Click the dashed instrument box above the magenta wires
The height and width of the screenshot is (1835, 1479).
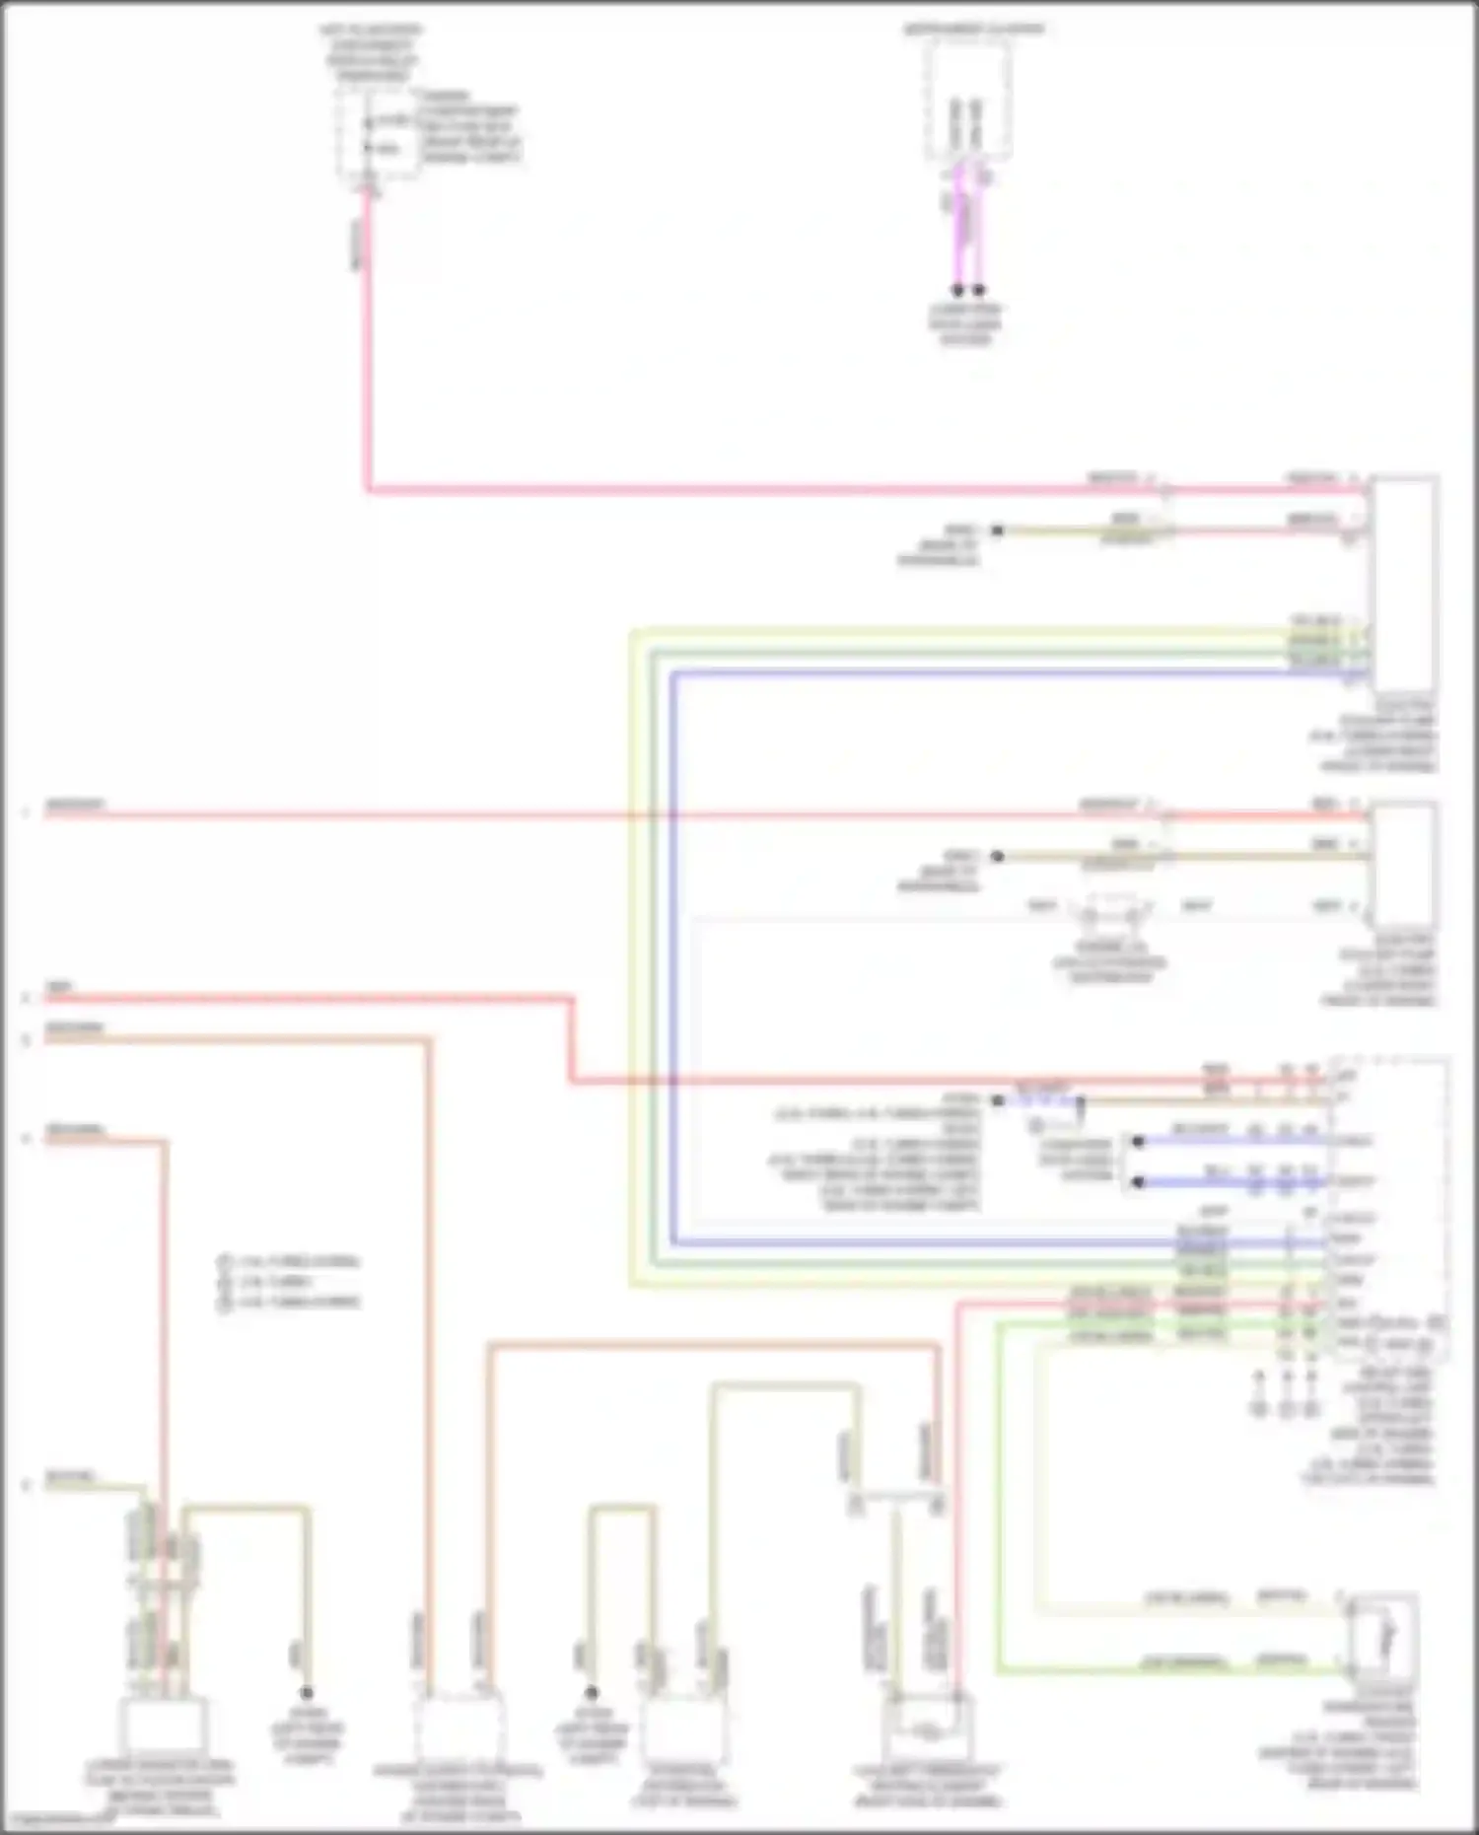[967, 102]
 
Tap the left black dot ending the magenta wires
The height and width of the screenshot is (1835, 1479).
[956, 291]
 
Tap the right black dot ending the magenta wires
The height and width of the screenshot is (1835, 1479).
[978, 291]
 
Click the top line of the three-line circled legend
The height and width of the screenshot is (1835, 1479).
[291, 1261]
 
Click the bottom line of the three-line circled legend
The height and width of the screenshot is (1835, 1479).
[291, 1302]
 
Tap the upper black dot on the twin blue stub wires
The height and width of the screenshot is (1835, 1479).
[1138, 1142]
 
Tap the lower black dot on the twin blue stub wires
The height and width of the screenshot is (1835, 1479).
[1138, 1182]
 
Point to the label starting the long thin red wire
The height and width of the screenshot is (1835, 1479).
[74, 807]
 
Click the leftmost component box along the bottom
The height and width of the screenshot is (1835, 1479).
[163, 1726]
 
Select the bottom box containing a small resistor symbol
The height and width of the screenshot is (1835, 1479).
[928, 1728]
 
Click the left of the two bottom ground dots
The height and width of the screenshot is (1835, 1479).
[307, 1693]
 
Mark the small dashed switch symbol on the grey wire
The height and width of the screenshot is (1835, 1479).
[1111, 911]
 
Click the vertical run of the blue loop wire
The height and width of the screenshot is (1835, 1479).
[673, 956]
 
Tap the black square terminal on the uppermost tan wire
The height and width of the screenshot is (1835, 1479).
[997, 530]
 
